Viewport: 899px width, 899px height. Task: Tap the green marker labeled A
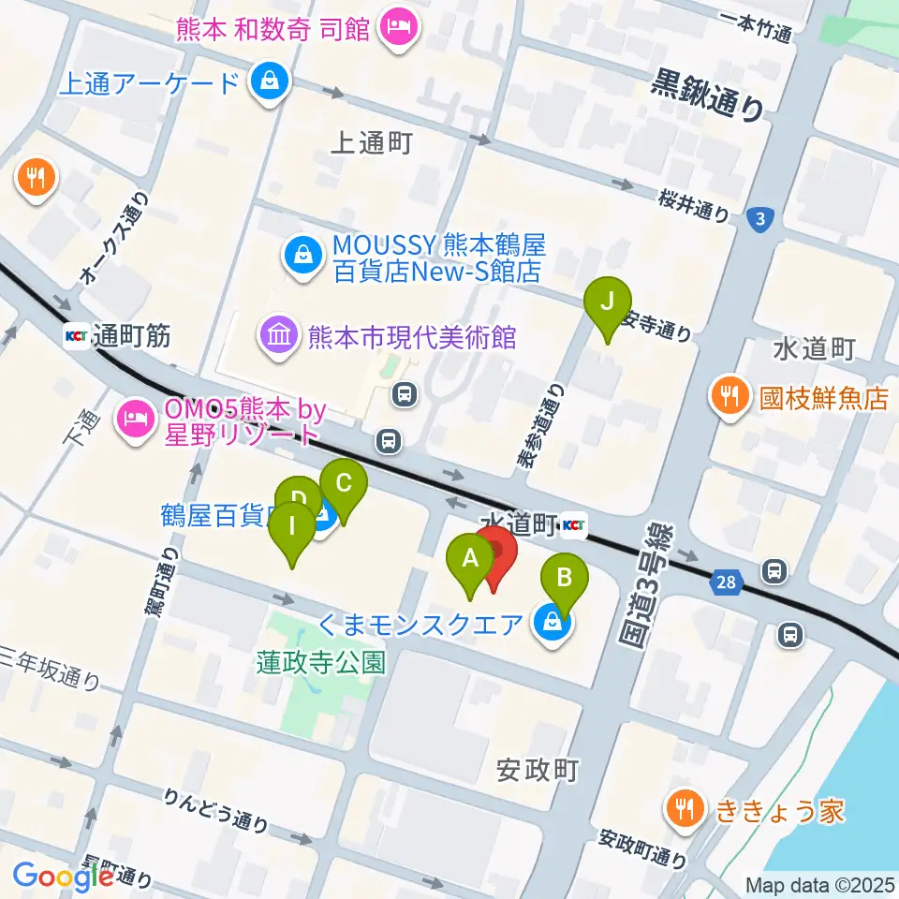471,563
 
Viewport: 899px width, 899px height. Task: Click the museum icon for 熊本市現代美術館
279,336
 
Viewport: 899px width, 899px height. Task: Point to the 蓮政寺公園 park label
321,662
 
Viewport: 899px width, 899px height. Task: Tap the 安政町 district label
538,771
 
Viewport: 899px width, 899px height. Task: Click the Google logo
63,877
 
